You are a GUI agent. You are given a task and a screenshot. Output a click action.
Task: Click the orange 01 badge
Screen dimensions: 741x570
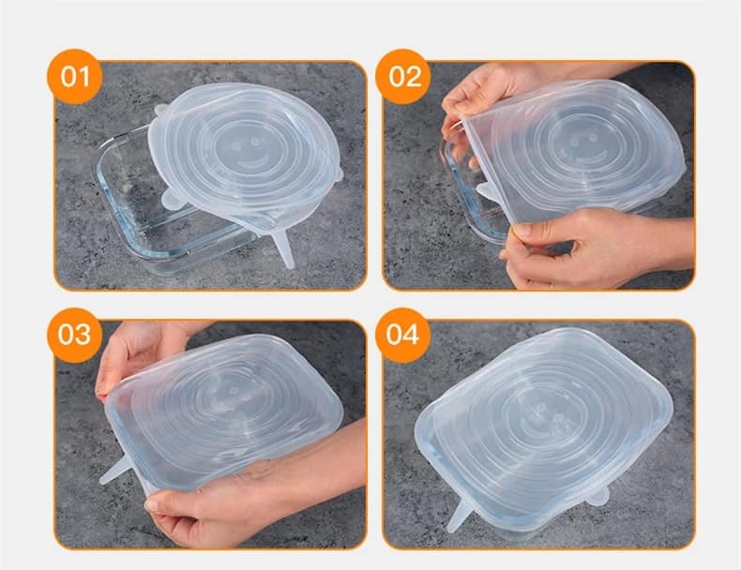(x=75, y=77)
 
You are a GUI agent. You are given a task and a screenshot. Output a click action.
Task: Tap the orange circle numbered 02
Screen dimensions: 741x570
(x=403, y=77)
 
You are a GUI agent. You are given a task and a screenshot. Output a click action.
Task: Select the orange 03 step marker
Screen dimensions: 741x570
(x=75, y=336)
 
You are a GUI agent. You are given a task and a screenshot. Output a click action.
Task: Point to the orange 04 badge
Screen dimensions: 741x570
(x=403, y=336)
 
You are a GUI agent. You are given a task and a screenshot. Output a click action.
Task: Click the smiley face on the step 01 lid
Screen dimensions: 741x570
(x=250, y=152)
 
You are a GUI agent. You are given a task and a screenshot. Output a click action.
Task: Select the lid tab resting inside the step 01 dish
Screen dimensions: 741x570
(x=173, y=199)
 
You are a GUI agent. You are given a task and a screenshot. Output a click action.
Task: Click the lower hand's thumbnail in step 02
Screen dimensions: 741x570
(x=522, y=231)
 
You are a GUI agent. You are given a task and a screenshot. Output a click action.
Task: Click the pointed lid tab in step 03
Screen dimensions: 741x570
(x=114, y=470)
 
